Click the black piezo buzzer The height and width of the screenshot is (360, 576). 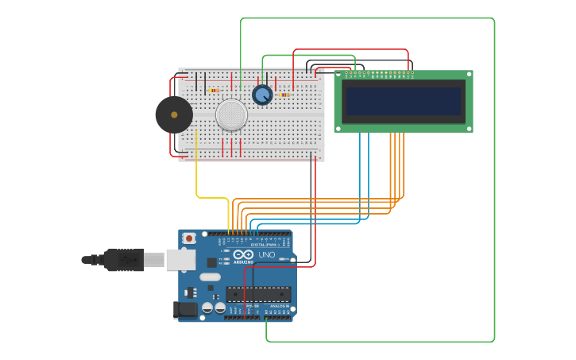174,114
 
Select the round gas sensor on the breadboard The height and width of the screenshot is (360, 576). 231,115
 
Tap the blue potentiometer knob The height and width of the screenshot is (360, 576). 262,95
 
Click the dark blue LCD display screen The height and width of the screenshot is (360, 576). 404,102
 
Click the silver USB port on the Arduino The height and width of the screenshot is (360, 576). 181,259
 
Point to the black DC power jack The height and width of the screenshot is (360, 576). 186,310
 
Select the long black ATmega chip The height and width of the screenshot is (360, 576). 258,294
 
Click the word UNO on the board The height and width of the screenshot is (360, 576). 266,255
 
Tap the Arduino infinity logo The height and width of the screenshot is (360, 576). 243,254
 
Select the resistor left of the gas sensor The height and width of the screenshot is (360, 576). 214,91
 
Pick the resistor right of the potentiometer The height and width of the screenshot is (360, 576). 284,95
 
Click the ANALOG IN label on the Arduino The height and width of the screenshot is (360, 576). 280,306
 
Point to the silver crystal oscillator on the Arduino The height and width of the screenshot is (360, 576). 210,277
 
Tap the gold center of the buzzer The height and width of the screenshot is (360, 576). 174,114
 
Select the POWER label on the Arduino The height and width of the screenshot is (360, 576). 252,306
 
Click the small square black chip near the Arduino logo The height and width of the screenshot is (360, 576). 212,262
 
